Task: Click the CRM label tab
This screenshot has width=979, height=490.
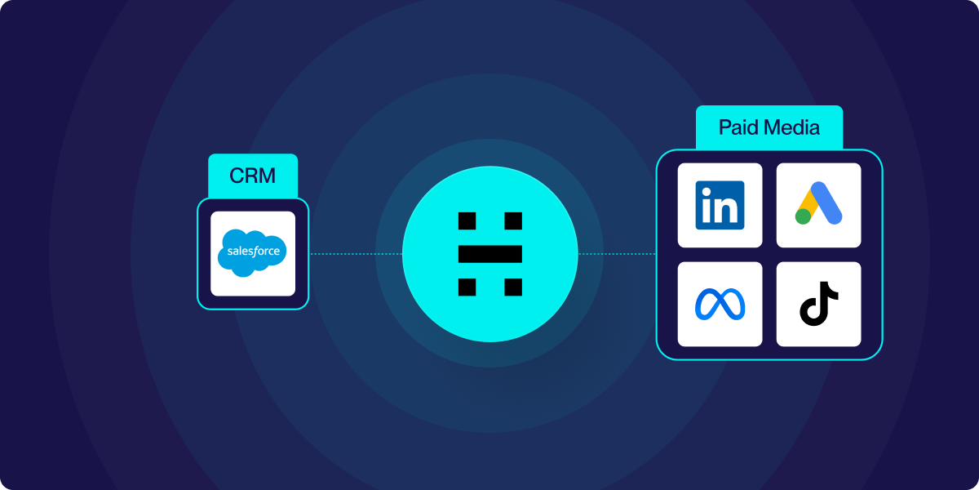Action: pos(253,176)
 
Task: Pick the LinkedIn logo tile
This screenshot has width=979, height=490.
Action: pos(720,205)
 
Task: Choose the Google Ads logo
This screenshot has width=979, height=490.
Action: pos(818,204)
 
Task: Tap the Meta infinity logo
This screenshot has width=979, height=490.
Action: pos(720,304)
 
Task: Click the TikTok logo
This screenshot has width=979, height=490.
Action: pos(818,304)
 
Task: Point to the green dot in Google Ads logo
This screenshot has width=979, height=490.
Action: pos(804,216)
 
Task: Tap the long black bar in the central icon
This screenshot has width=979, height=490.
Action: pos(489,254)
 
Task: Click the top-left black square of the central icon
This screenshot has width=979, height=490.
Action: pos(467,220)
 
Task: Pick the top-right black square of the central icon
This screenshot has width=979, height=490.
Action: pos(513,220)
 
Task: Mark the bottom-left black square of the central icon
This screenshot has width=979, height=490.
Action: pos(467,287)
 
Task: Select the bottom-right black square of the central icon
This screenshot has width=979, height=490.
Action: pos(513,287)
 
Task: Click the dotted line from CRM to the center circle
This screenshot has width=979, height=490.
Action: pos(355,254)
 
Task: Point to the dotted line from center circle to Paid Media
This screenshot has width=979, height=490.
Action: pos(617,254)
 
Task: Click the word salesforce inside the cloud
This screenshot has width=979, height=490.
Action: pos(252,252)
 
